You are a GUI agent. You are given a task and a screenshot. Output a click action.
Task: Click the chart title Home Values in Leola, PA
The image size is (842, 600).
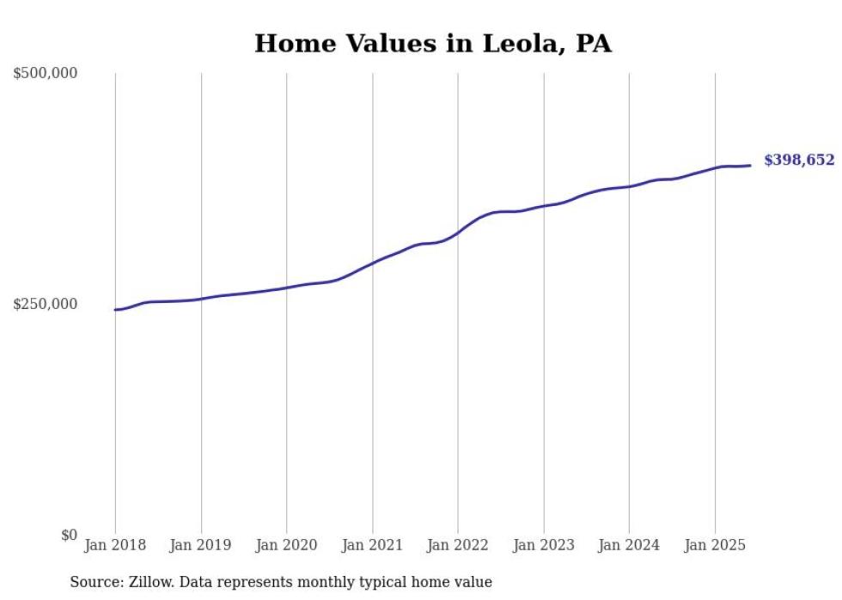(432, 43)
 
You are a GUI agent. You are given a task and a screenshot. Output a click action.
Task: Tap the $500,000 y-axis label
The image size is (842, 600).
(46, 73)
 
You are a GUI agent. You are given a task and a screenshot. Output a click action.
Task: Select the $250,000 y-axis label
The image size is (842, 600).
(46, 304)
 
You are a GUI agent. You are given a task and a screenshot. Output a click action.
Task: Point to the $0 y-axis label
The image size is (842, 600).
(69, 535)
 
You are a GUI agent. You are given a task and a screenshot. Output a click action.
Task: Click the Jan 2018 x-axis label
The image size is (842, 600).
(115, 545)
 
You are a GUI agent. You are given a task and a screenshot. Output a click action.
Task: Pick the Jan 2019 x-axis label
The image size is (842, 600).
(201, 545)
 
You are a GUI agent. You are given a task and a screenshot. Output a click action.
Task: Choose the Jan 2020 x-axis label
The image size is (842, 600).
(286, 545)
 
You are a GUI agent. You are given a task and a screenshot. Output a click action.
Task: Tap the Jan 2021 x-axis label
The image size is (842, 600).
(372, 545)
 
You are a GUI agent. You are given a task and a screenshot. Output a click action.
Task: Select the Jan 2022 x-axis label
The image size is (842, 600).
(458, 545)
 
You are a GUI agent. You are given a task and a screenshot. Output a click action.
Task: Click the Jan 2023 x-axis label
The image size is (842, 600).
(543, 545)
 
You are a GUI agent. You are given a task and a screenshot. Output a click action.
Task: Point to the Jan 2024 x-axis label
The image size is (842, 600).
(629, 545)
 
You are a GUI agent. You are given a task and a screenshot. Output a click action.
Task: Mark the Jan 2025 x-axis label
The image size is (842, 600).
(715, 545)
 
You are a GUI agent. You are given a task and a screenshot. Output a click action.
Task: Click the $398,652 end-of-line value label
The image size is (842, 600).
(798, 161)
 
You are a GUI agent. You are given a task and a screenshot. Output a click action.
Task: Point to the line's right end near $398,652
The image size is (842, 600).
(751, 165)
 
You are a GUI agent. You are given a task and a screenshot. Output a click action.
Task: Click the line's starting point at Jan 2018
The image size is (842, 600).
(115, 309)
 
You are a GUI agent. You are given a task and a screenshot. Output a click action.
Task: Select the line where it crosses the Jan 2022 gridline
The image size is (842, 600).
(458, 232)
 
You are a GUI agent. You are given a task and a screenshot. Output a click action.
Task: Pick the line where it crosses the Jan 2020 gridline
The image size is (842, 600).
(286, 288)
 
